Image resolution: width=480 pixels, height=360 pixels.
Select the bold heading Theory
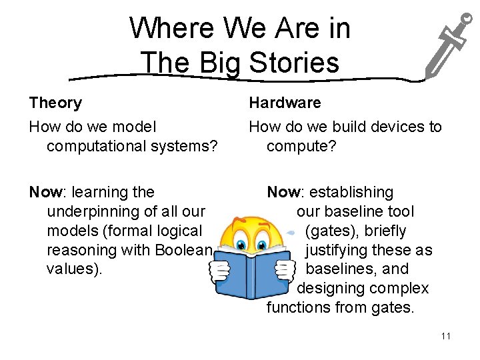coord(55,103)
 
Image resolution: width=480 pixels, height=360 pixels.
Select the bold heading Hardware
coord(285,103)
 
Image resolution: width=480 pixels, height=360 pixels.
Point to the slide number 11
coord(446,336)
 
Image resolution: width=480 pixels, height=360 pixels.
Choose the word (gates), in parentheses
coord(329,231)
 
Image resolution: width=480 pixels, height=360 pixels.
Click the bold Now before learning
coord(45,192)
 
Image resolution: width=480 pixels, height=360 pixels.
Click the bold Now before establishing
coord(283,192)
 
